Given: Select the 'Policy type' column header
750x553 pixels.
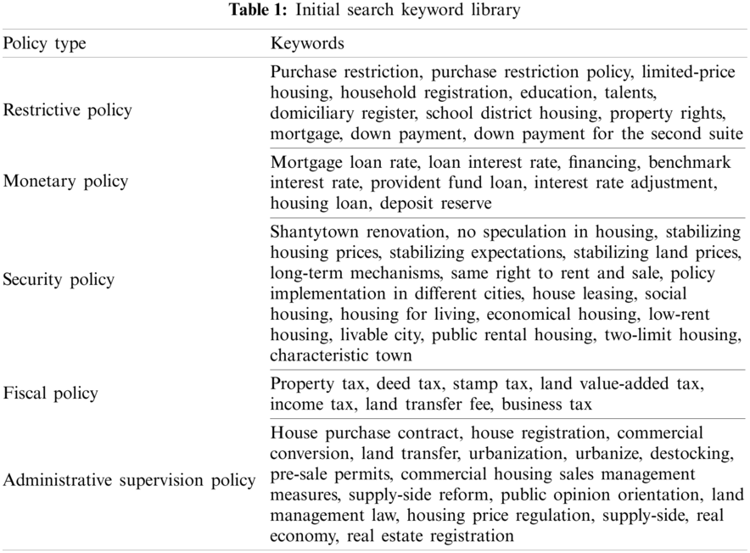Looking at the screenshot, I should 45,42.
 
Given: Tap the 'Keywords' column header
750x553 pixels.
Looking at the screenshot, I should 306,42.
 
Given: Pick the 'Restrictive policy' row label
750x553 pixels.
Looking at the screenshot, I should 68,110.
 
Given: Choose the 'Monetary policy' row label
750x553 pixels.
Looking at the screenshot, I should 65,180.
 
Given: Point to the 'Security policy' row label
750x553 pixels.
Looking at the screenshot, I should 59,279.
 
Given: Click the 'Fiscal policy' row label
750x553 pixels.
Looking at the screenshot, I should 51,393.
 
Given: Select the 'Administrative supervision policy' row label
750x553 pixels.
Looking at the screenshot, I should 129,480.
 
